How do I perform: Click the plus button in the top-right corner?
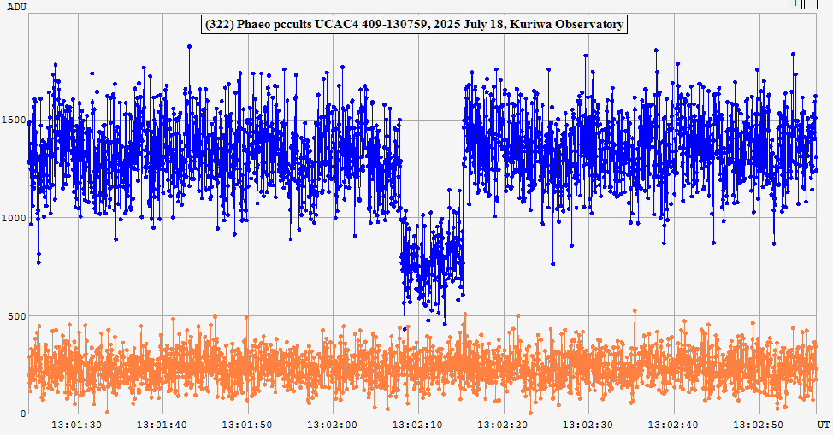point(795,4)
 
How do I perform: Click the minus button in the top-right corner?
point(810,4)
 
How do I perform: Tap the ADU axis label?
point(16,7)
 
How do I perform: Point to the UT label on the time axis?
point(823,424)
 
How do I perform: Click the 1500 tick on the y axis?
point(13,120)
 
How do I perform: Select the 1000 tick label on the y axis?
point(13,218)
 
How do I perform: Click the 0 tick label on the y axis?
point(21,414)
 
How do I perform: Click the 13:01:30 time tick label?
point(78,424)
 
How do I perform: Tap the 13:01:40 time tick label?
point(162,424)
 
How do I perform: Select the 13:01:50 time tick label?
point(248,424)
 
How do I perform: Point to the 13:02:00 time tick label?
point(333,424)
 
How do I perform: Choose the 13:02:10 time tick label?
point(417,424)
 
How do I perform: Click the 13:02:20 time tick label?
point(503,424)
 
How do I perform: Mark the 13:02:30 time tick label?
point(588,424)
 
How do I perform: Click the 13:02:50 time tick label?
point(758,424)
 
